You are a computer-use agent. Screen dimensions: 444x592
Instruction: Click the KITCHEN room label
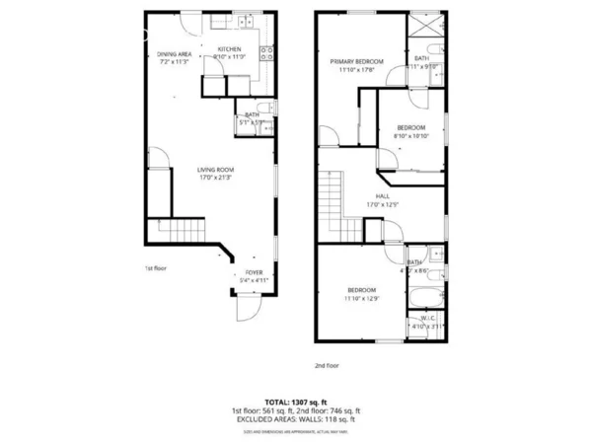(x=229, y=48)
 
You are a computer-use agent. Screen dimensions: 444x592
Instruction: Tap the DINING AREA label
(x=174, y=54)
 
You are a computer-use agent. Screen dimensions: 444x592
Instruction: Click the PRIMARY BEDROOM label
(x=356, y=61)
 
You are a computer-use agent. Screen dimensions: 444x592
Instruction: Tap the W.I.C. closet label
(x=427, y=318)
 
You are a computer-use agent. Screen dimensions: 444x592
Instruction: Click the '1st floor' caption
(x=157, y=267)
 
